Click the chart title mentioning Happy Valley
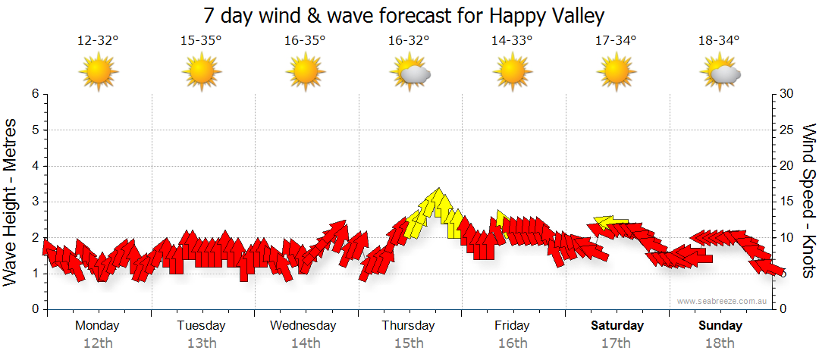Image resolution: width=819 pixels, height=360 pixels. [403, 16]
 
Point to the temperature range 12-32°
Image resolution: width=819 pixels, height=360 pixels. [98, 40]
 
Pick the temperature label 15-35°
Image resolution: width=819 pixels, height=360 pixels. [201, 40]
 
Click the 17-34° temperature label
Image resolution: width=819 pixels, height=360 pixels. [616, 40]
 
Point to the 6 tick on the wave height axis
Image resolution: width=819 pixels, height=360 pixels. [35, 94]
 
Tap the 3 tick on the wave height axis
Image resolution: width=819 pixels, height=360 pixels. [35, 202]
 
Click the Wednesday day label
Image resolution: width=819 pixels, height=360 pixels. [303, 326]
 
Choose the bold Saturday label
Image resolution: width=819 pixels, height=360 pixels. [617, 326]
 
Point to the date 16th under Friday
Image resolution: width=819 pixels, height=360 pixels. [513, 343]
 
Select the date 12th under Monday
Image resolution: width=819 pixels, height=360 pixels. [98, 343]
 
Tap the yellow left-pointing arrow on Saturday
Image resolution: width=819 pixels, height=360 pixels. [610, 222]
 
